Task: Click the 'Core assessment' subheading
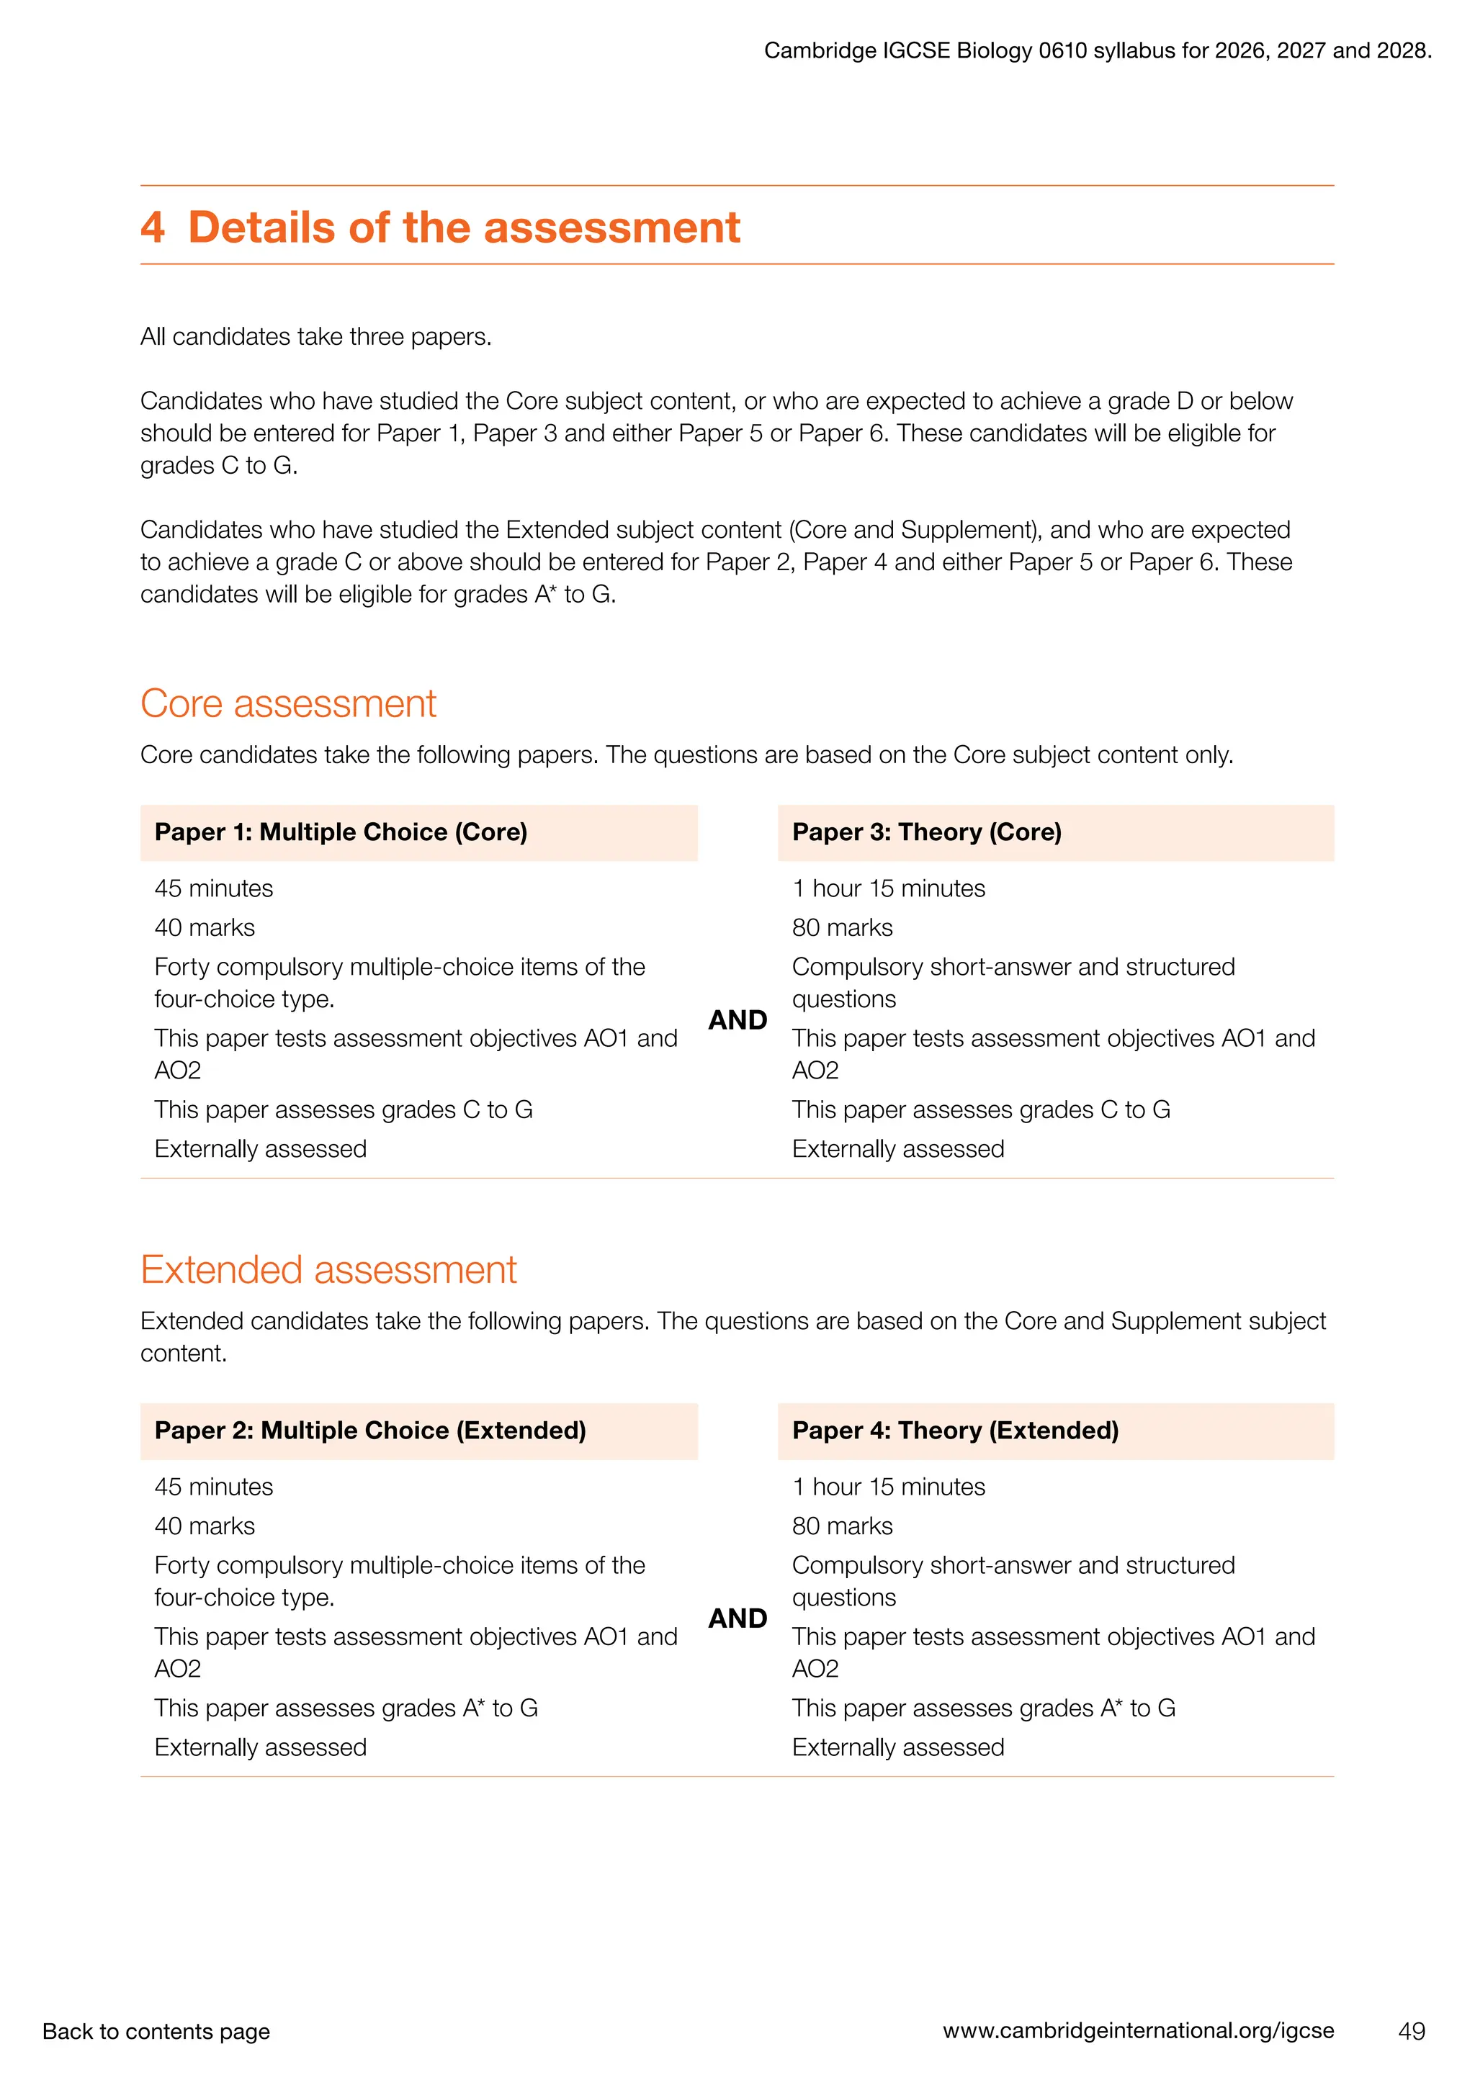pyautogui.click(x=288, y=704)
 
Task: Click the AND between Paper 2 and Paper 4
pyautogui.click(x=737, y=1618)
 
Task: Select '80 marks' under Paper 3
pyautogui.click(x=842, y=927)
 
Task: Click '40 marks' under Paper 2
pyautogui.click(x=205, y=1526)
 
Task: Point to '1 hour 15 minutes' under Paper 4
pyautogui.click(x=888, y=1487)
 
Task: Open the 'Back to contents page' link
pyautogui.click(x=156, y=2032)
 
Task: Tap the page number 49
pyautogui.click(x=1412, y=2032)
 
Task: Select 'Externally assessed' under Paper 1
pyautogui.click(x=261, y=1149)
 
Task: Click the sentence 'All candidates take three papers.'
pyautogui.click(x=315, y=337)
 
